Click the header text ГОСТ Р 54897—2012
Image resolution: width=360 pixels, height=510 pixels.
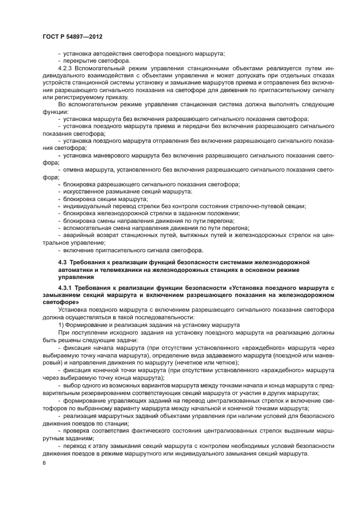(72, 36)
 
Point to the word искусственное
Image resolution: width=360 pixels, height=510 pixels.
(84, 192)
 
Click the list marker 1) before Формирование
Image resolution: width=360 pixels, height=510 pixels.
(61, 324)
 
